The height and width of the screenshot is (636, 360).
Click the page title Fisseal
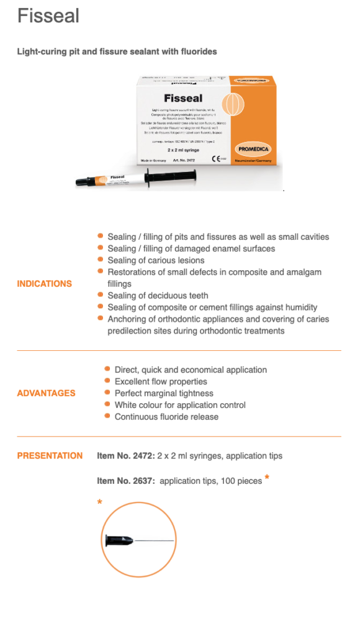click(x=48, y=16)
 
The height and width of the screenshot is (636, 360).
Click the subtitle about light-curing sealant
click(x=117, y=52)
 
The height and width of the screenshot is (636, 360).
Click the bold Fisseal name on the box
click(x=183, y=98)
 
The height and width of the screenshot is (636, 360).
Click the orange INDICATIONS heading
click(x=45, y=284)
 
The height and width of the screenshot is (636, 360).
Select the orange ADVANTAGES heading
click(x=47, y=393)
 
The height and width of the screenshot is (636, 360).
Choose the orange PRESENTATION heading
click(x=50, y=456)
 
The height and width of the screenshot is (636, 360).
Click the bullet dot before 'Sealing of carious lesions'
click(x=101, y=260)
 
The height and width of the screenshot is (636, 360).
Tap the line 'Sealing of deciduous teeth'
click(x=158, y=296)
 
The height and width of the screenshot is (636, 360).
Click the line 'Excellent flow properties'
click(x=161, y=381)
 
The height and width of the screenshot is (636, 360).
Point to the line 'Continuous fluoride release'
click(x=166, y=417)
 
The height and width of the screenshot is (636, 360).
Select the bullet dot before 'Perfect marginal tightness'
click(x=108, y=393)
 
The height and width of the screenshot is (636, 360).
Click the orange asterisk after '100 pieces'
click(x=267, y=478)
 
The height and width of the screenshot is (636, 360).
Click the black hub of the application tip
click(x=119, y=541)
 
